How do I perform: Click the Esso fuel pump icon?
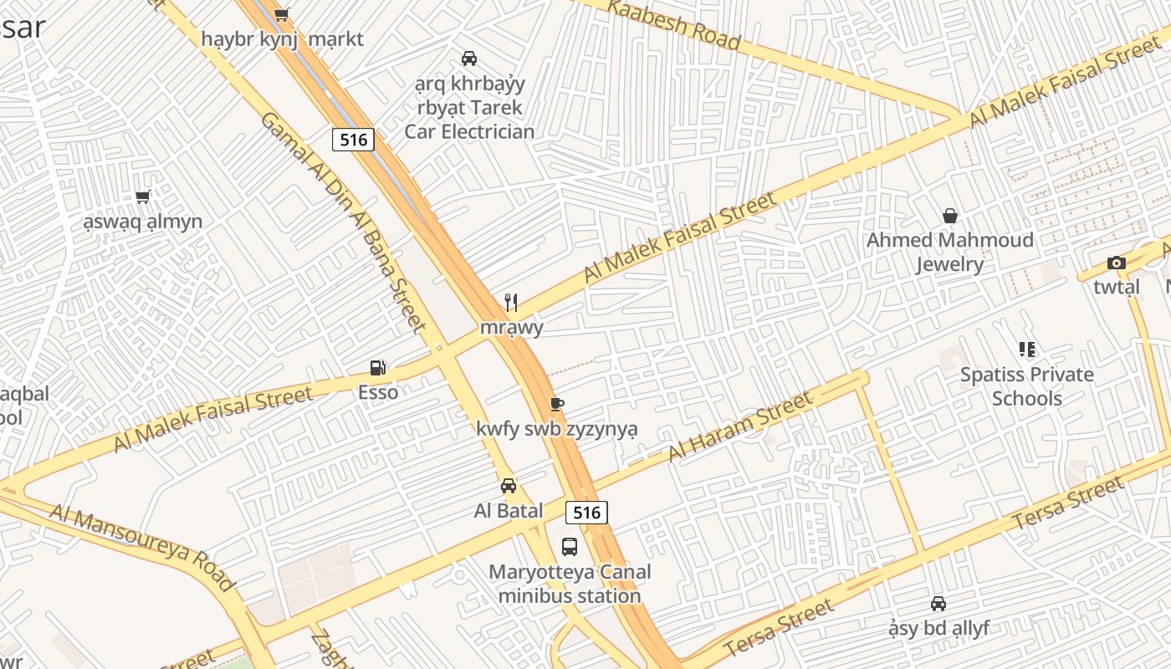pos(378,368)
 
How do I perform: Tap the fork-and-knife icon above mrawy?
pos(511,302)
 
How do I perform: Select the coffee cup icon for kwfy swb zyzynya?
pos(557,405)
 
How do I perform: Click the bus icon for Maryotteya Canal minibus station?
pos(570,547)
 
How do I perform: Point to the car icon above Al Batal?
pos(508,486)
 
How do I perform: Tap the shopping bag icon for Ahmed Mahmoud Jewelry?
pos(950,216)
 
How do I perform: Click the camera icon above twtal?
pos(1116,263)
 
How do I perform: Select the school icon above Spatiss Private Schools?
pos(1026,350)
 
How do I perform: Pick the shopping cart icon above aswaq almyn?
pos(142,197)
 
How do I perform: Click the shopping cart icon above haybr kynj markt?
pos(282,14)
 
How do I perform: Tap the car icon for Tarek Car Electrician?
pos(469,59)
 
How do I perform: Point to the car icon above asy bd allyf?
pos(938,604)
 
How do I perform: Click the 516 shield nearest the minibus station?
pos(586,512)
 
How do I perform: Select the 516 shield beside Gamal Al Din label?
pos(353,140)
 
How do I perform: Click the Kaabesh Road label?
pos(673,23)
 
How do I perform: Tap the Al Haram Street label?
pos(739,426)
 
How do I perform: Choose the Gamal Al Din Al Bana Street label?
pos(344,222)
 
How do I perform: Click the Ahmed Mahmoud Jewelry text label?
pos(949,253)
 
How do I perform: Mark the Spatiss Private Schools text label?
pos(1026,386)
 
